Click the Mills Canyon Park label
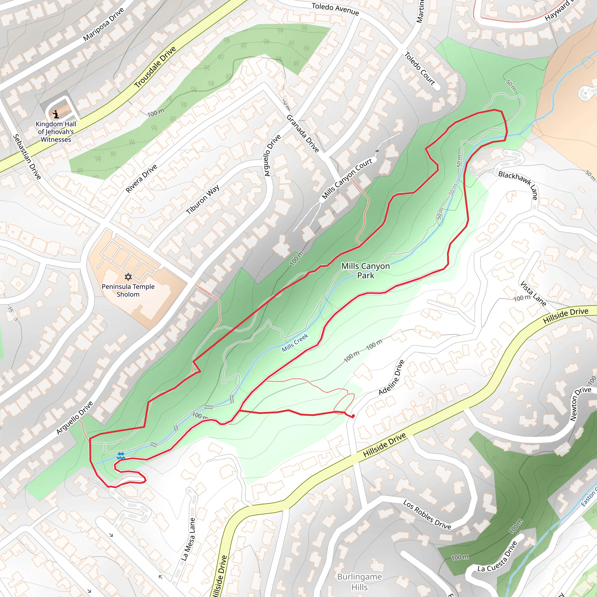[x=365, y=271]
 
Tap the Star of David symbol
[x=128, y=277]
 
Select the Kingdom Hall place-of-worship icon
[x=56, y=114]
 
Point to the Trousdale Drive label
[x=155, y=67]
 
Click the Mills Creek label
[x=295, y=343]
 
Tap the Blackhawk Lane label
[x=518, y=185]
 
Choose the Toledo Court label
[x=420, y=69]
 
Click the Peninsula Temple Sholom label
[x=128, y=290]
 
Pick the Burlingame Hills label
[x=359, y=582]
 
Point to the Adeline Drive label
[x=391, y=377]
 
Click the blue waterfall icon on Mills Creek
[x=120, y=456]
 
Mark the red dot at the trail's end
[x=353, y=416]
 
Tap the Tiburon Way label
[x=203, y=200]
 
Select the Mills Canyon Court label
[x=347, y=179]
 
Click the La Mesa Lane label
[x=188, y=539]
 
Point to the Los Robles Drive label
[x=427, y=515]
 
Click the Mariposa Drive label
[x=103, y=24]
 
